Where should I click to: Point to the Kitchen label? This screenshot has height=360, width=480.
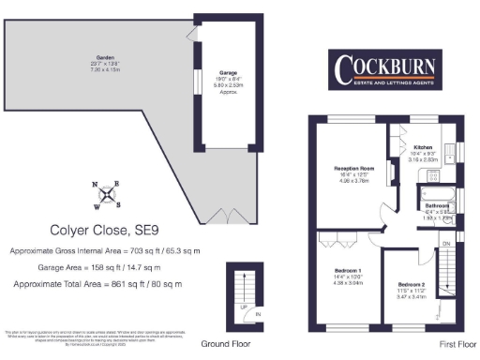422,148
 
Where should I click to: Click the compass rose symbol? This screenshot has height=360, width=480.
111,195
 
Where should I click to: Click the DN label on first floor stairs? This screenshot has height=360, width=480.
446,244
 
